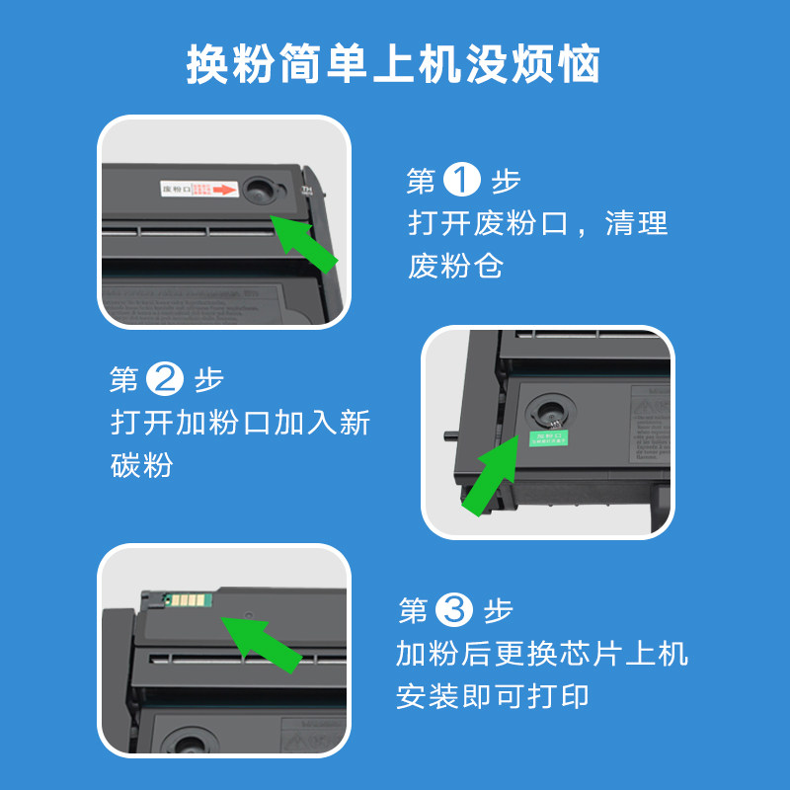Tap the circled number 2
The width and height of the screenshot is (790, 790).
164,379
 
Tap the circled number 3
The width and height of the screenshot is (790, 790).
454,610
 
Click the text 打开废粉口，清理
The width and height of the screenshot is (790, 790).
538,223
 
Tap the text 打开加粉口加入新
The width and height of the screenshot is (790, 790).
240,423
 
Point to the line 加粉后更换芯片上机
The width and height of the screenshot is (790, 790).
542,654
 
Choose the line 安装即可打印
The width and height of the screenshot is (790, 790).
493,697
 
